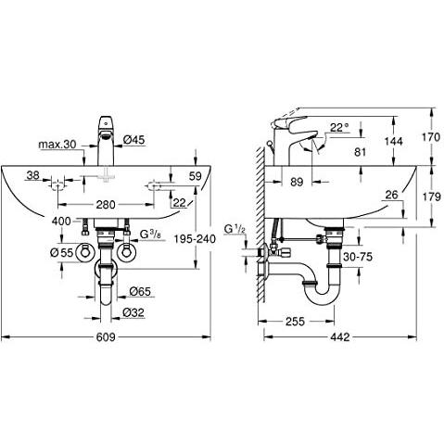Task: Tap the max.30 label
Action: [x=57, y=146]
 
